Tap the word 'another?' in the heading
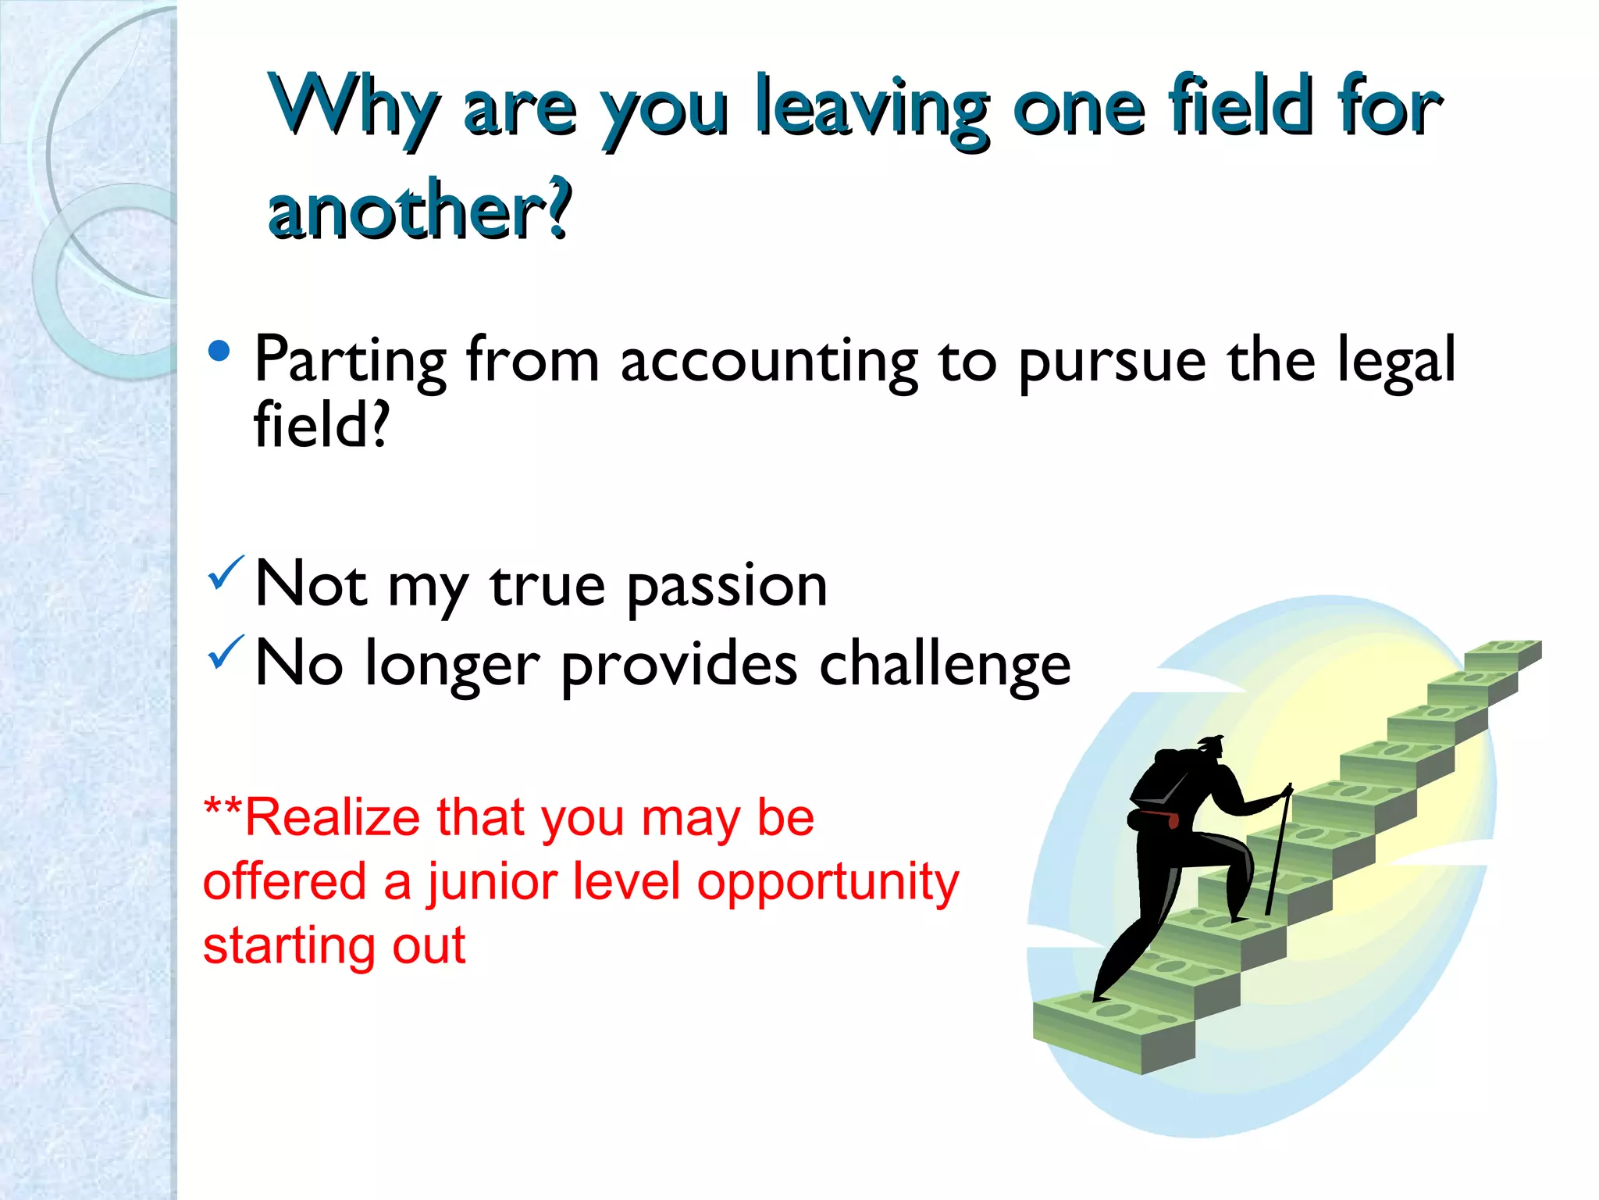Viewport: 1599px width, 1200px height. (420, 209)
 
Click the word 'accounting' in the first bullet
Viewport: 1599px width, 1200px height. (769, 361)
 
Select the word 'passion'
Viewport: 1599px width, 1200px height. (727, 586)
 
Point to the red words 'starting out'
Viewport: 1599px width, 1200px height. (334, 945)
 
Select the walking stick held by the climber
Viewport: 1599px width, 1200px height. (1277, 852)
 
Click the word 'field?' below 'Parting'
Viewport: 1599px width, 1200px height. (321, 425)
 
